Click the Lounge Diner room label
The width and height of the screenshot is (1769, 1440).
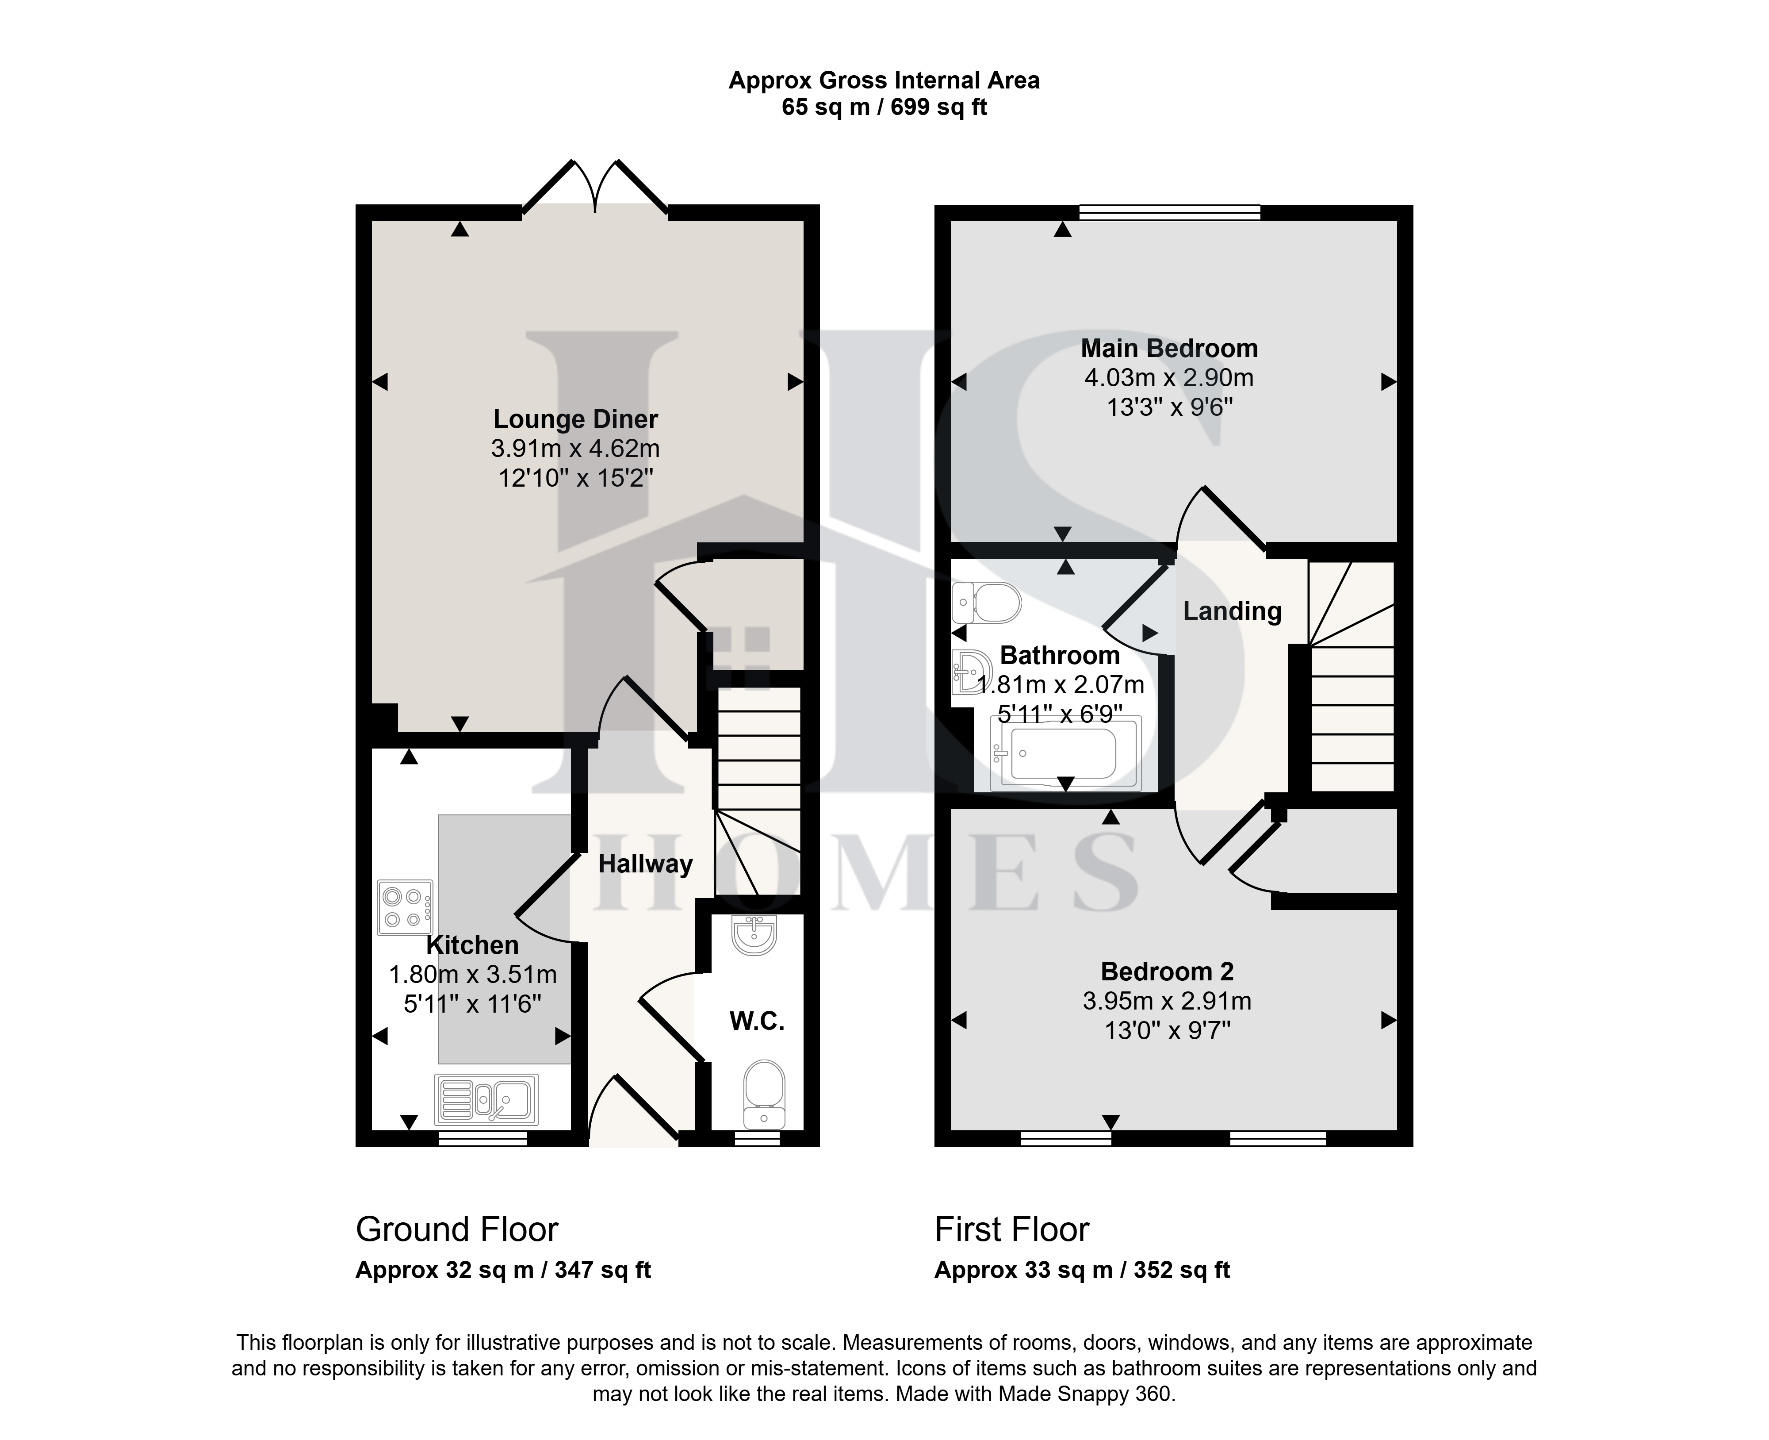tap(575, 419)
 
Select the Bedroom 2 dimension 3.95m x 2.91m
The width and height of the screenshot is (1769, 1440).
tap(1167, 1001)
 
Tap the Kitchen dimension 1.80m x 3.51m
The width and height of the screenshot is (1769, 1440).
tap(473, 975)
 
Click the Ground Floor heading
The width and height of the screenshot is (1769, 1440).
tap(457, 1229)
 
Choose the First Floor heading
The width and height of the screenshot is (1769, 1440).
tap(1012, 1229)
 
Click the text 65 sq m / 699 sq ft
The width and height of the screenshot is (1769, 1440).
tap(884, 107)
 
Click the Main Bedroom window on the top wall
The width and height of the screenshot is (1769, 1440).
tap(1169, 212)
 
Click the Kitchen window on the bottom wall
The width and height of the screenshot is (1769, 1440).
tap(482, 1139)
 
